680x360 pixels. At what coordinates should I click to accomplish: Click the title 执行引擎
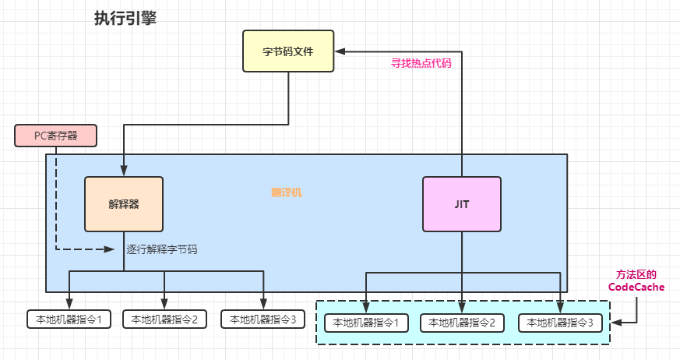point(125,19)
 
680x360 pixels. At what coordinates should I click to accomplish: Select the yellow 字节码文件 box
point(288,51)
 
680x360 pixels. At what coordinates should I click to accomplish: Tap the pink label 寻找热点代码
point(421,64)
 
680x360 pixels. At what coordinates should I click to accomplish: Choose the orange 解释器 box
point(124,204)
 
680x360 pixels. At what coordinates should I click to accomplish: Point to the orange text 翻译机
point(286,192)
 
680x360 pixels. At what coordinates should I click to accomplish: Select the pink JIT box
point(462,203)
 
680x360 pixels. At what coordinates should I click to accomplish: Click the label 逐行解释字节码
point(161,249)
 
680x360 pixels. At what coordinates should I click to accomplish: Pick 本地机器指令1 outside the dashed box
point(69,319)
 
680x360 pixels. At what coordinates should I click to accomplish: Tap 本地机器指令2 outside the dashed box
point(164,319)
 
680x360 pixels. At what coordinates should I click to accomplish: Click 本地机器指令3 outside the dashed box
point(263,319)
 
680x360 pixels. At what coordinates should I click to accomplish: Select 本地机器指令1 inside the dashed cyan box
point(365,323)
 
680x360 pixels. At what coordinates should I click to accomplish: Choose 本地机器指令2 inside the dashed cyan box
point(463,323)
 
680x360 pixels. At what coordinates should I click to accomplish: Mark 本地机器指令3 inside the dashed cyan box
point(561,323)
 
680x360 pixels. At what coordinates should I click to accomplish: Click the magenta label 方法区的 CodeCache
point(636,281)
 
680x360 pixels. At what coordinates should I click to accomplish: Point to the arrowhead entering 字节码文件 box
point(340,51)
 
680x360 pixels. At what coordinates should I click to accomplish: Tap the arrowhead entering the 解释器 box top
point(124,171)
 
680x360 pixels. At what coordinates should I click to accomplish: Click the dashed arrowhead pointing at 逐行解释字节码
point(110,249)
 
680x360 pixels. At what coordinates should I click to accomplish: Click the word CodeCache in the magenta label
point(636,288)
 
